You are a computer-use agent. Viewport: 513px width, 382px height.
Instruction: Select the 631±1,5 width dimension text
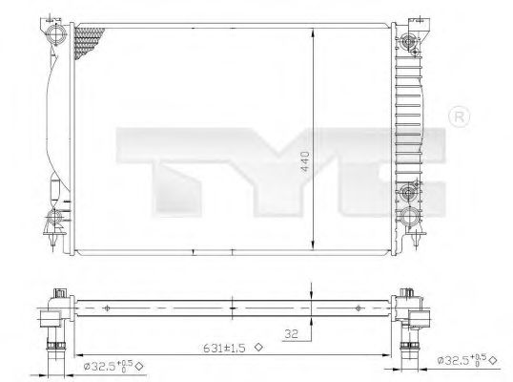[x=224, y=350]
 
